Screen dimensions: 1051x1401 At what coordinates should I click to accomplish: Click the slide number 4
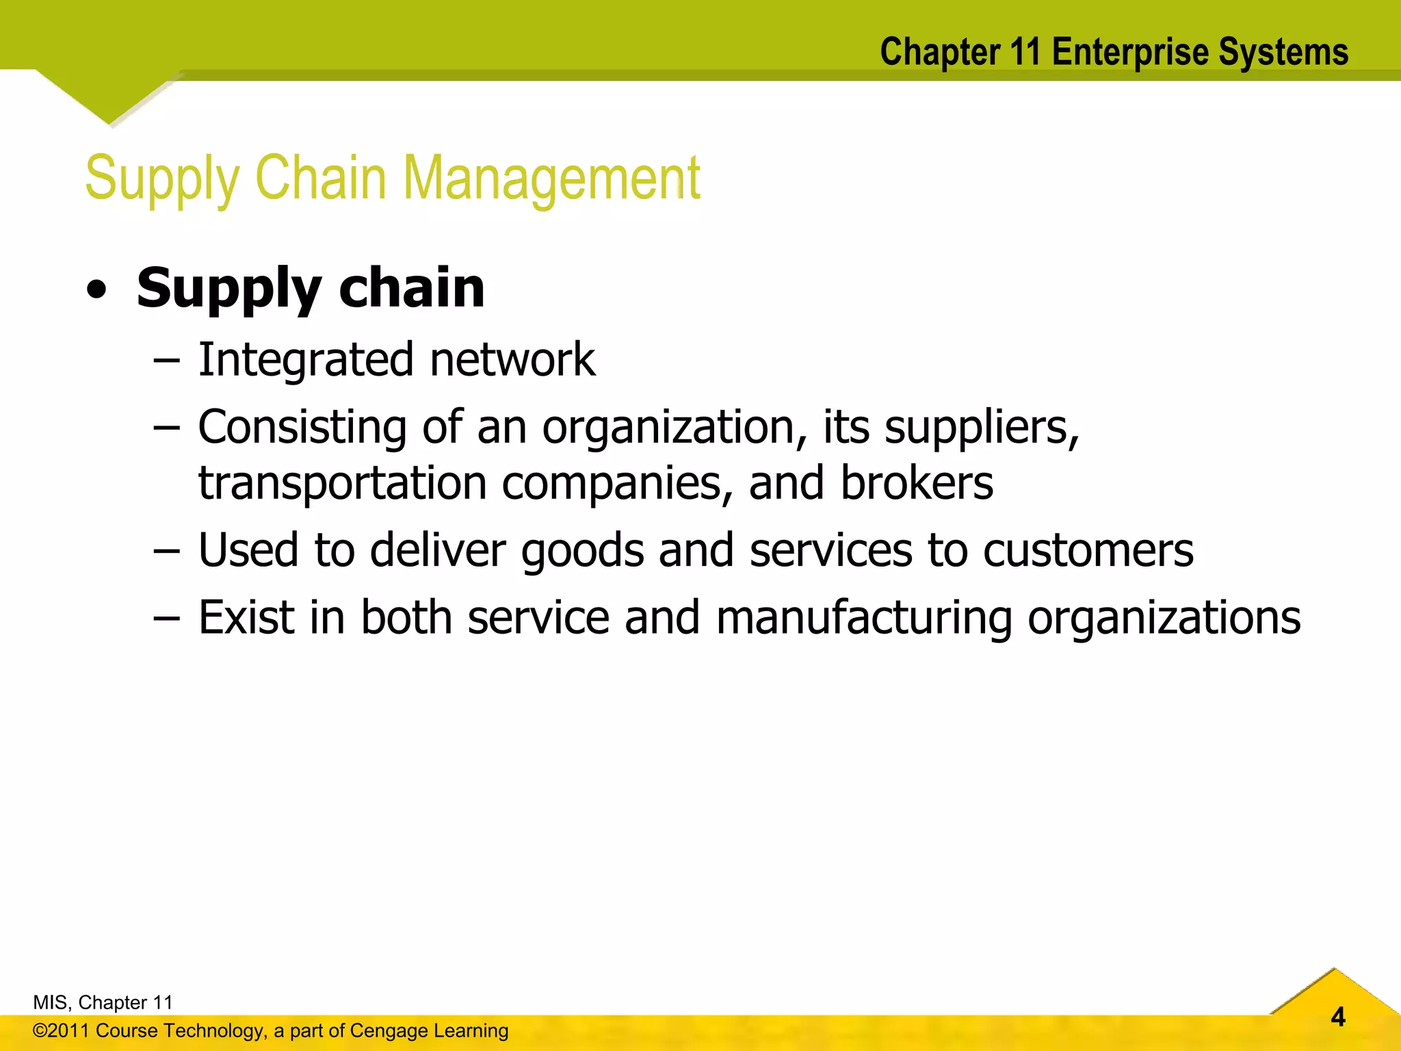coord(1338,1017)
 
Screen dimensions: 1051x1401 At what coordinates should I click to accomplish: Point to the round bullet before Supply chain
coord(97,290)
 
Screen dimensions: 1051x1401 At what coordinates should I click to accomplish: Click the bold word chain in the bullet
coord(412,287)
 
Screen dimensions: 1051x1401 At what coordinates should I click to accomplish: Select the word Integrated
coord(306,360)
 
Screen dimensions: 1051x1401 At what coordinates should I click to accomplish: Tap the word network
coord(512,360)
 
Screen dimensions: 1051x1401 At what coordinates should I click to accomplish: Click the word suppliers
coord(982,428)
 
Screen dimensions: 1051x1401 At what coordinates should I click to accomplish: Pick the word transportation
coord(343,483)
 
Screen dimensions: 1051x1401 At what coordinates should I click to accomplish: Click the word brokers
coord(916,483)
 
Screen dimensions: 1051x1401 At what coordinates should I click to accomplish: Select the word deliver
coord(437,550)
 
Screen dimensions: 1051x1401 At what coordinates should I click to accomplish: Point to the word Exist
coord(246,618)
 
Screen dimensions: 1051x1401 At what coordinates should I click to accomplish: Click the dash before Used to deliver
coord(166,552)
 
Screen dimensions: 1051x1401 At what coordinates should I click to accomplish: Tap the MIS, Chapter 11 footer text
coord(103,1002)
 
